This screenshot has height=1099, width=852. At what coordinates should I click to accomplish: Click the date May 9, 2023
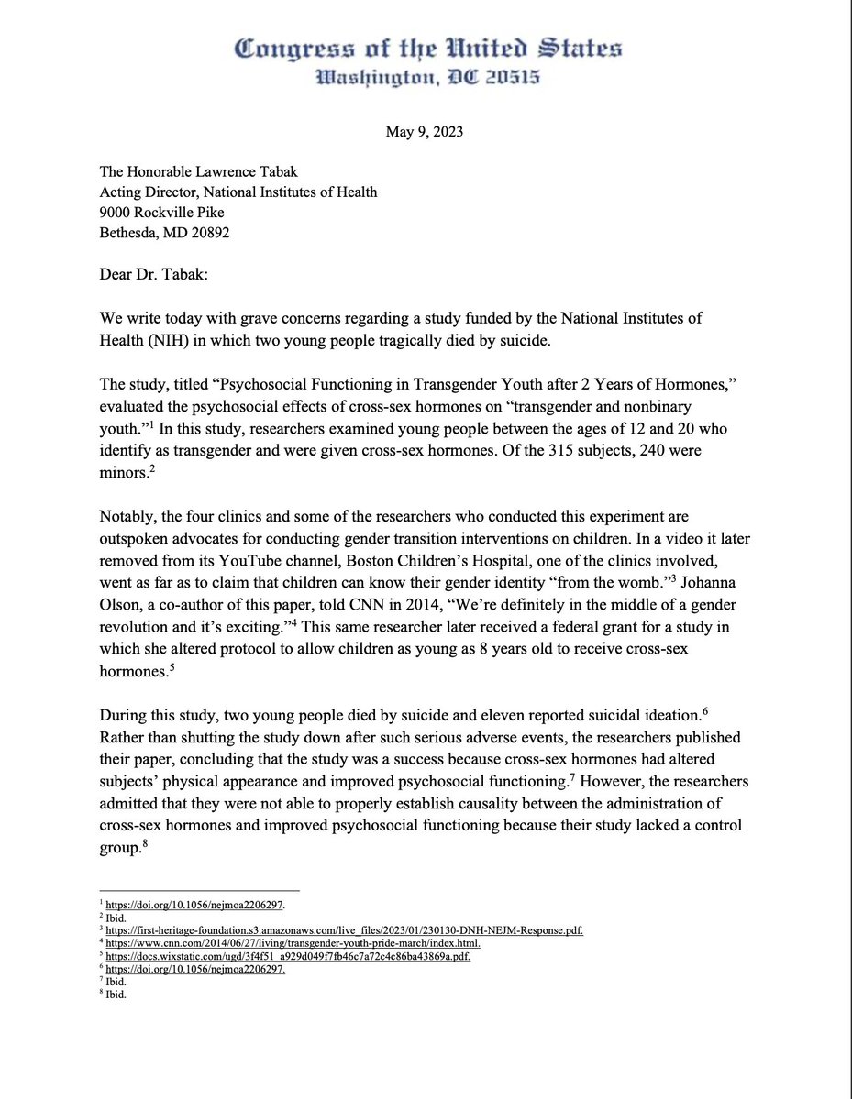click(425, 132)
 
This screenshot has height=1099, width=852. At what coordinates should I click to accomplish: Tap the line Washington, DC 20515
click(426, 80)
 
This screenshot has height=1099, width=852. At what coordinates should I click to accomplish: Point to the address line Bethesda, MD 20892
click(165, 233)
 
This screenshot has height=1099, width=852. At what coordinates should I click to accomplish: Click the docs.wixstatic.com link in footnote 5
click(287, 957)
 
